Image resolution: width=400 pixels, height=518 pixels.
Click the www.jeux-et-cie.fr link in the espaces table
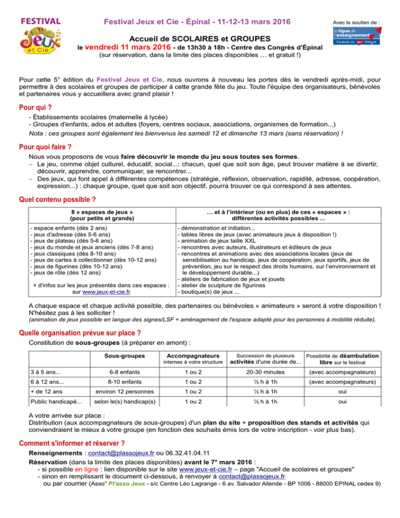tap(106, 293)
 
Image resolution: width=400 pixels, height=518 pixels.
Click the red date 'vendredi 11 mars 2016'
tap(127, 47)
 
